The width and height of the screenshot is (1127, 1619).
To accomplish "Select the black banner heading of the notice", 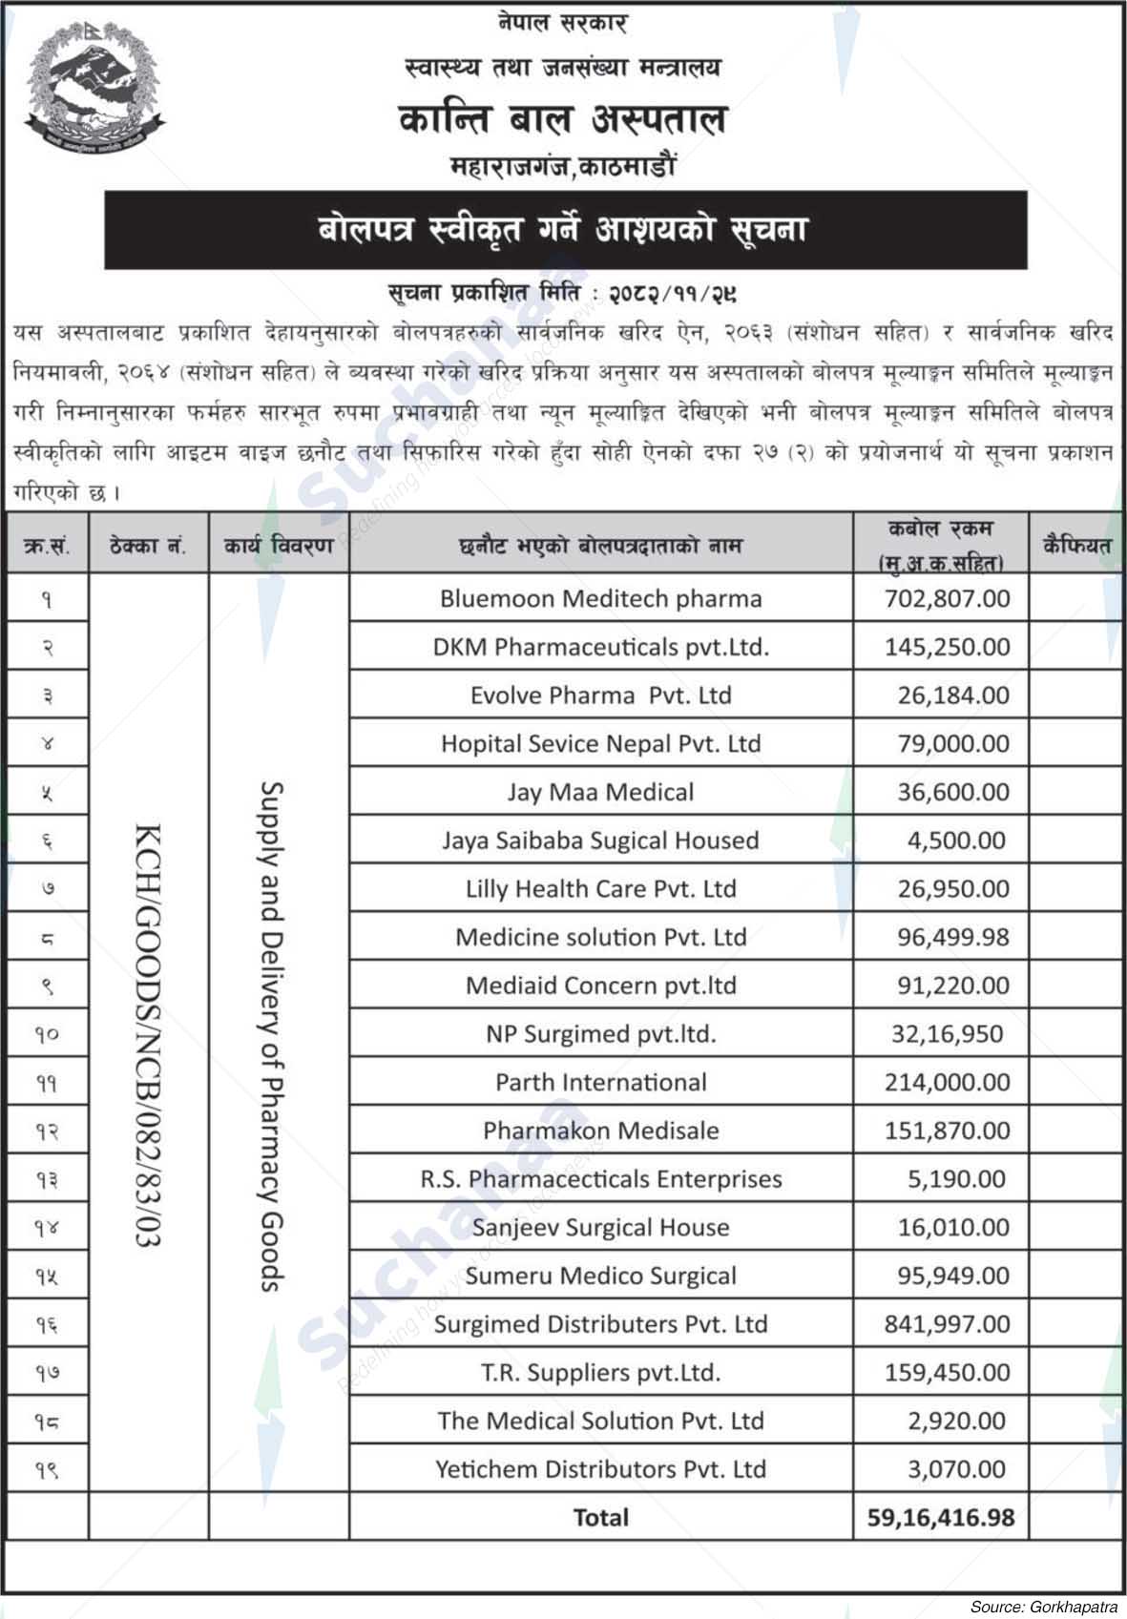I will pos(565,230).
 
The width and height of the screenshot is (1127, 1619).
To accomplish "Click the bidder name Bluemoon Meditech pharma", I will pos(600,599).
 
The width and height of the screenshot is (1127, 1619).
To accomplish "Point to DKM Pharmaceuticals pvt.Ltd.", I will pos(600,647).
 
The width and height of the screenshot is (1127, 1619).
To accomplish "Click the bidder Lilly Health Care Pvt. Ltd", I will pos(600,889).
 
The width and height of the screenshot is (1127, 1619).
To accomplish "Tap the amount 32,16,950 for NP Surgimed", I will pos(947,1034).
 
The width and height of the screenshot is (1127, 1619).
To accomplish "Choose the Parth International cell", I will pos(600,1082).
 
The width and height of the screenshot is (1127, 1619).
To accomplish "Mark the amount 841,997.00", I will pos(947,1324).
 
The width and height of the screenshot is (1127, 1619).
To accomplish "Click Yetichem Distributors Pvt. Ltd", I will pos(600,1469).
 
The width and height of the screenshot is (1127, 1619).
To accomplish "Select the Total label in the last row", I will pos(600,1517).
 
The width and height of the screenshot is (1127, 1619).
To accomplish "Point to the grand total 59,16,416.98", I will pos(940,1517).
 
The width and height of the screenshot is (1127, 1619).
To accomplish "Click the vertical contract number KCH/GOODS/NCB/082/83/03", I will pos(148,1035).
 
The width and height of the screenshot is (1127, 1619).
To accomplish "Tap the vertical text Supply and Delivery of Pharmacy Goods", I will pos(273,1035).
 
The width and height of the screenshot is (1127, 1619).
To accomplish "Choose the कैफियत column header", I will pos(1076,546).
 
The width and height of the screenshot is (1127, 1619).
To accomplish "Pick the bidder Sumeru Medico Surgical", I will pos(600,1276).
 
